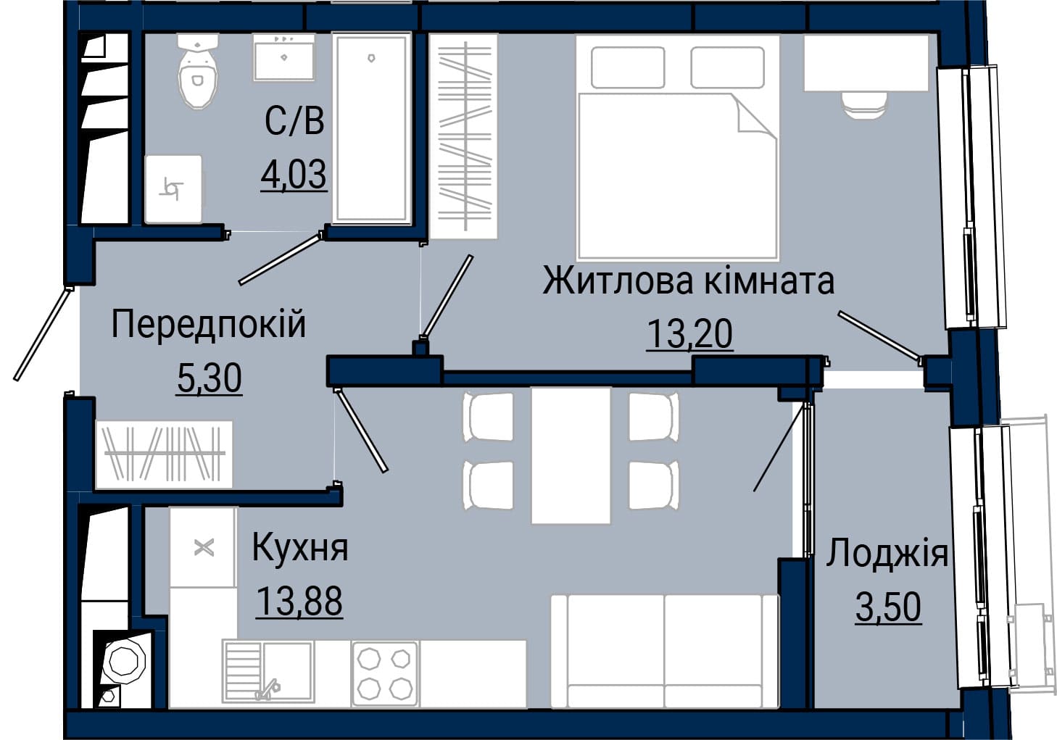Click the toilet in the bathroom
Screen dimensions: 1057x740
[198, 71]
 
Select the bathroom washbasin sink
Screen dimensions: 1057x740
[283, 57]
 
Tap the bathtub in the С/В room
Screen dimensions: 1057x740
[372, 128]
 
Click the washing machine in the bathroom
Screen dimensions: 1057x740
[173, 188]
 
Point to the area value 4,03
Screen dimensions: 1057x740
[294, 175]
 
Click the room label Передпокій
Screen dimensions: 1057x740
[208, 325]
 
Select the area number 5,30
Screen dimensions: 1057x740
[209, 378]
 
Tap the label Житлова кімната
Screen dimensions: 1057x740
[689, 281]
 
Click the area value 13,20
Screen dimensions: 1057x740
[689, 334]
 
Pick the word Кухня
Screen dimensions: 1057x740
[300, 548]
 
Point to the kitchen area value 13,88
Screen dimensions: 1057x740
[299, 601]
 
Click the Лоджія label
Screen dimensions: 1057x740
[887, 554]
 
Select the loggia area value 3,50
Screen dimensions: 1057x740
[888, 607]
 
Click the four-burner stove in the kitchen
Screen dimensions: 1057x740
[384, 674]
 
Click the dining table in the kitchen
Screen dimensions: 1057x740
[571, 455]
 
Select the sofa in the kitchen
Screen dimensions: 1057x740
[664, 651]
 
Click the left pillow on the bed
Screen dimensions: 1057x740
[628, 67]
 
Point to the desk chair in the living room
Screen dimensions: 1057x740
[864, 104]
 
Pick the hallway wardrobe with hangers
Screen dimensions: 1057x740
[164, 454]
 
